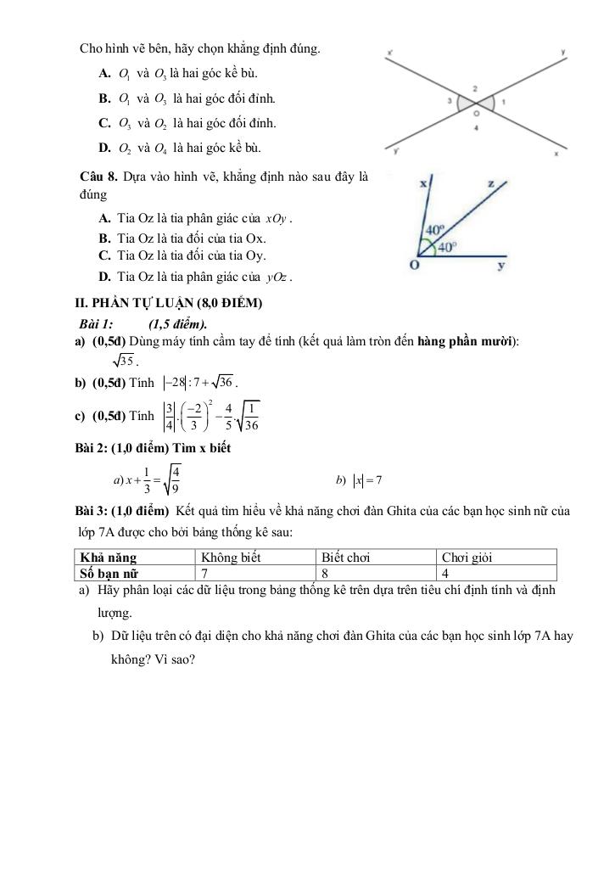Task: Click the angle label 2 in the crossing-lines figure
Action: pyautogui.click(x=475, y=88)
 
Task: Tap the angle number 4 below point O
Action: pyautogui.click(x=477, y=127)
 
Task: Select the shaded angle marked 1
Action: pyautogui.click(x=489, y=104)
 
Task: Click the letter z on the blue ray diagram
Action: pyautogui.click(x=491, y=182)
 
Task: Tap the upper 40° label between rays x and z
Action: pyautogui.click(x=434, y=229)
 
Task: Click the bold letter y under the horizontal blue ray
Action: pyautogui.click(x=501, y=266)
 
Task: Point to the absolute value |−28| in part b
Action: pyautogui.click(x=176, y=384)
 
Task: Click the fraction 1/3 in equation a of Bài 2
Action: pyautogui.click(x=147, y=480)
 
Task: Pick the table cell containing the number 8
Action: pyautogui.click(x=326, y=572)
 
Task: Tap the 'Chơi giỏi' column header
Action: pyautogui.click(x=467, y=558)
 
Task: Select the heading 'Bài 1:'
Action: pyautogui.click(x=96, y=323)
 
